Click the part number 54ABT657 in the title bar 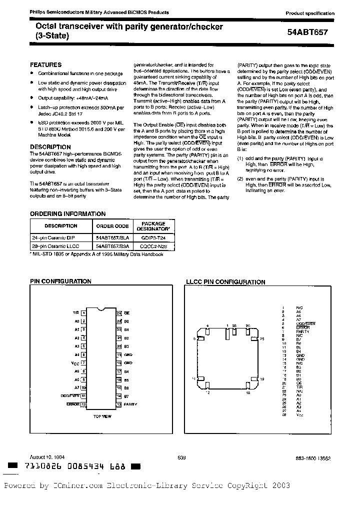pyautogui.click(x=309, y=30)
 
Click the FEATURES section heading pyautogui.click(x=46, y=65)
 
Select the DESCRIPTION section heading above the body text pyautogui.click(x=50, y=147)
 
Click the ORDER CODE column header pyautogui.click(x=112, y=226)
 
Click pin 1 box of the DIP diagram pyautogui.click(x=83, y=313)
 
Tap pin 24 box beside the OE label pyautogui.click(x=119, y=313)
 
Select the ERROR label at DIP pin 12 pyautogui.click(x=73, y=403)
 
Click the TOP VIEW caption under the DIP pyautogui.click(x=102, y=416)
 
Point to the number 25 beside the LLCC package pyautogui.click(x=261, y=338)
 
